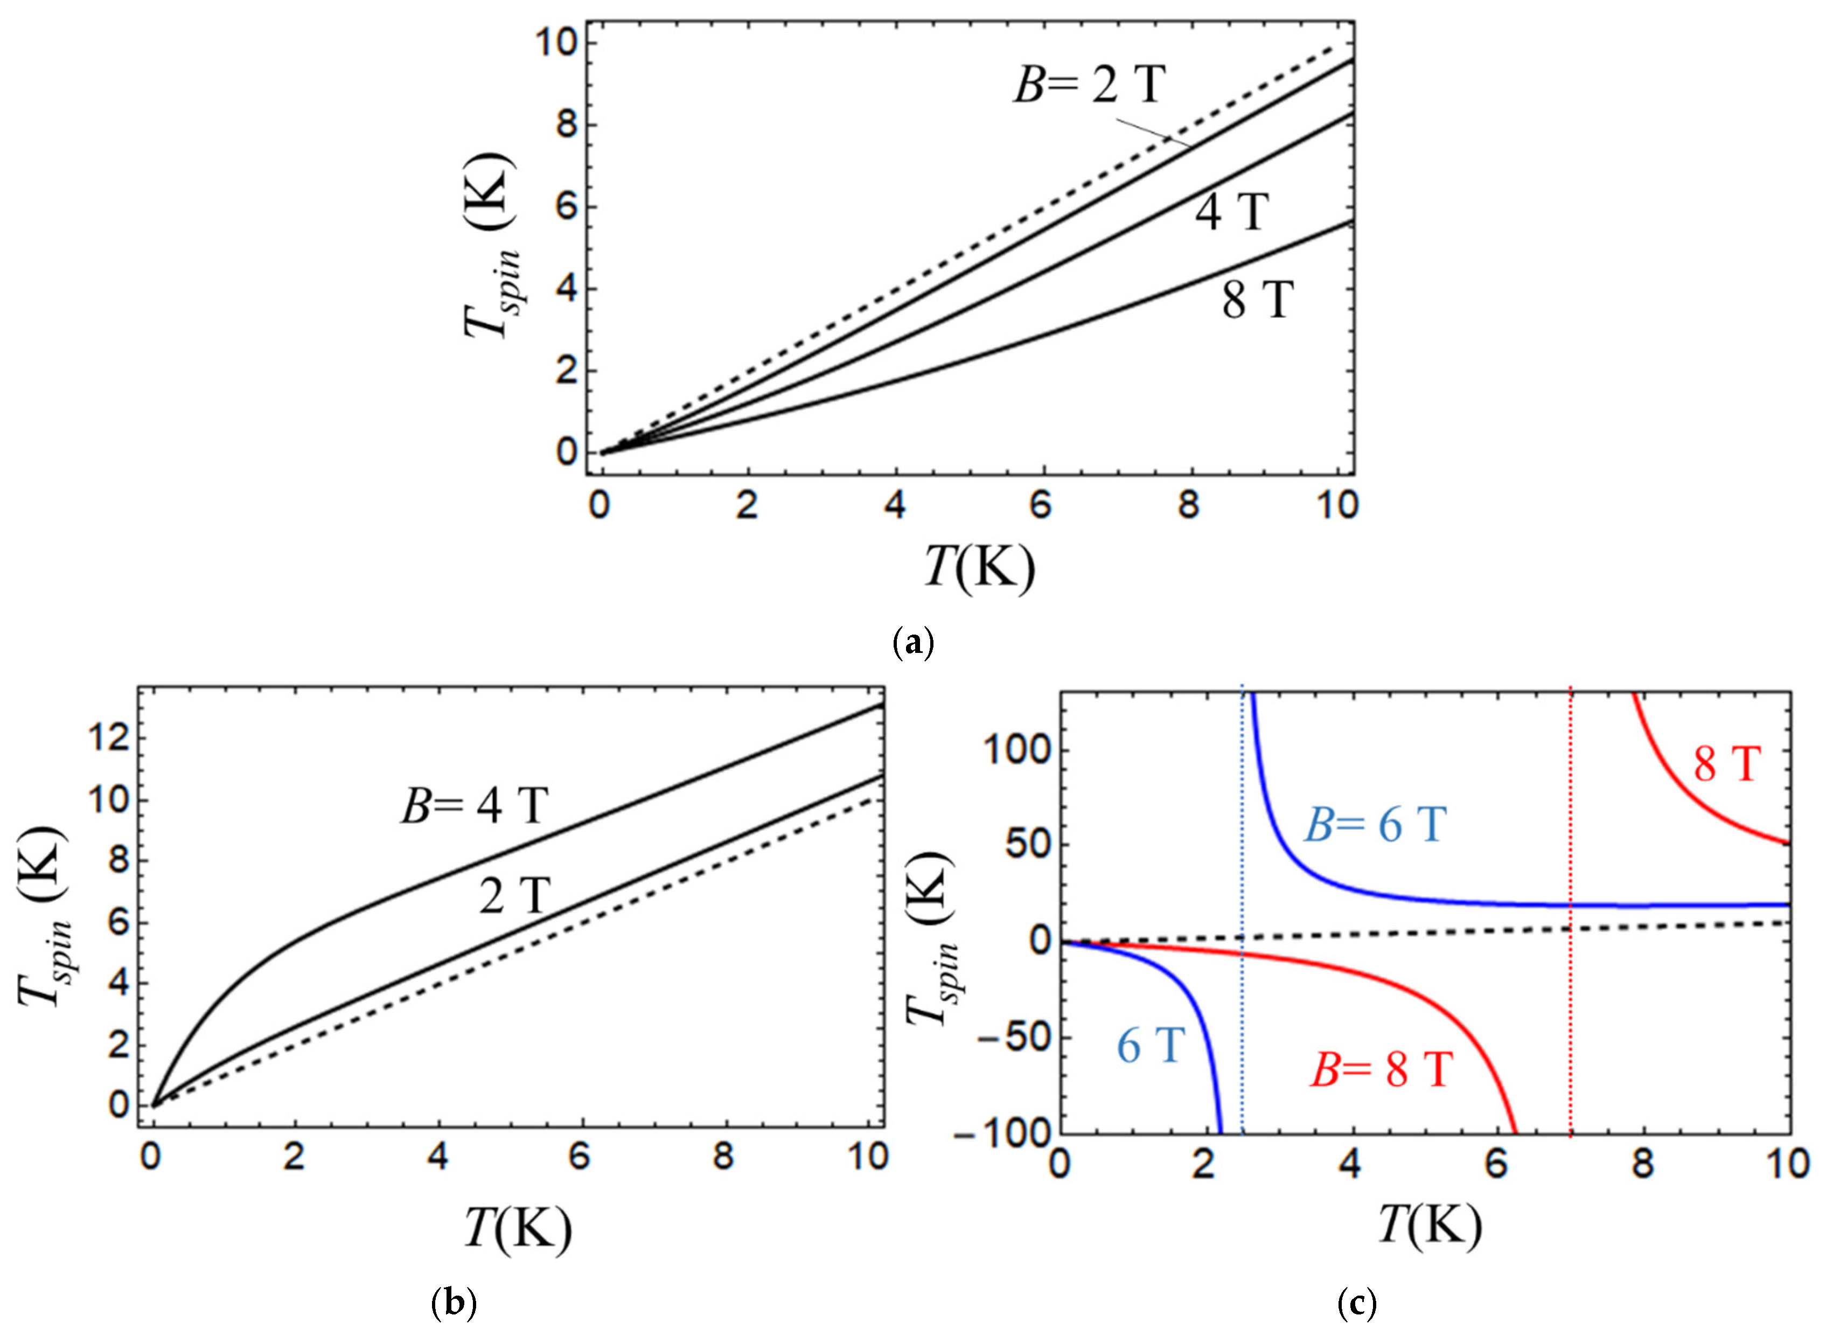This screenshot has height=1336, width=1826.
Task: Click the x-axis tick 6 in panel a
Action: tap(1041, 505)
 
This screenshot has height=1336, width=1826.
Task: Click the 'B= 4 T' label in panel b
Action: tap(476, 806)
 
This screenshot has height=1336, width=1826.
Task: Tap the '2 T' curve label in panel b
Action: tap(514, 896)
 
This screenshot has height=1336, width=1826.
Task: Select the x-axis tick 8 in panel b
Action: tap(723, 1157)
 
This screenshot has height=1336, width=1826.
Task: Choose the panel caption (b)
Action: tap(455, 1304)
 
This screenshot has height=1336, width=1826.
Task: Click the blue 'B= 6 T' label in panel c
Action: tap(1375, 826)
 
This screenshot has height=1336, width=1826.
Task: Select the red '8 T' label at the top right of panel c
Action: tap(1726, 764)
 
